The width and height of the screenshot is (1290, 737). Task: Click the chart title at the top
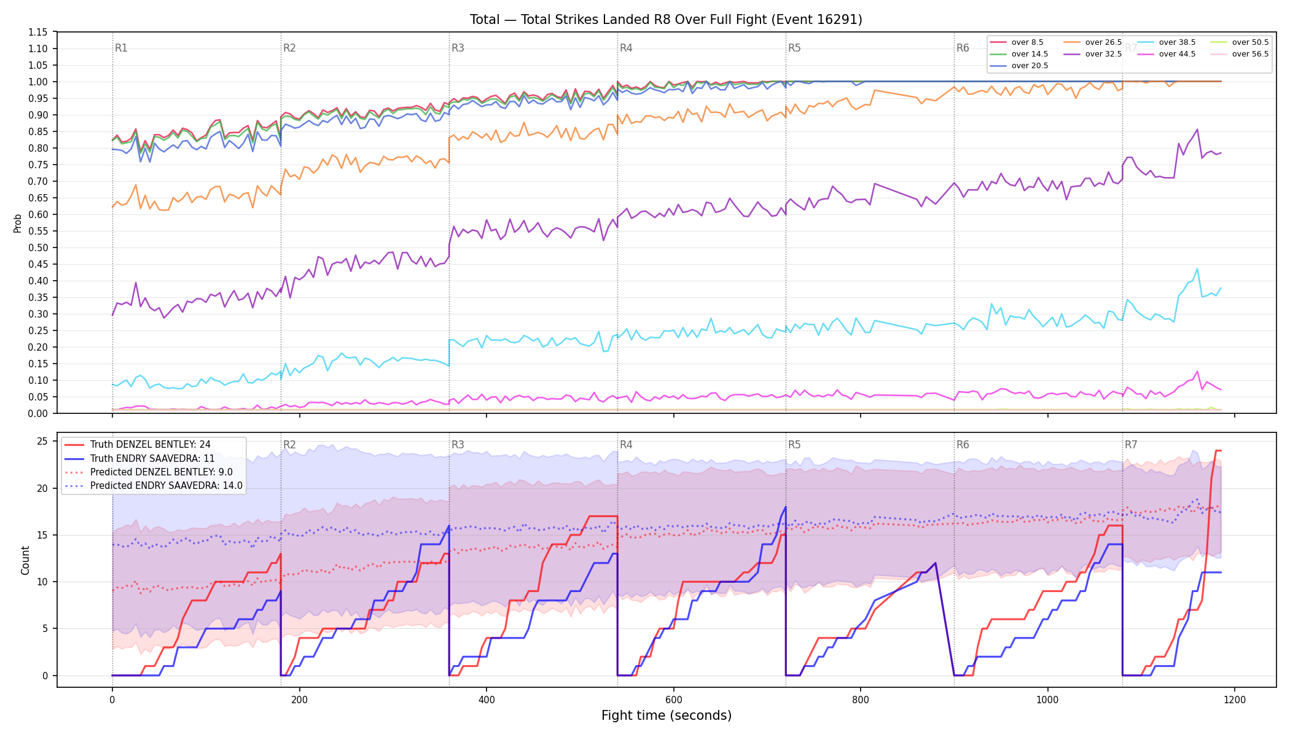point(666,20)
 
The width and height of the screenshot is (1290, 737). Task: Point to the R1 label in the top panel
point(121,48)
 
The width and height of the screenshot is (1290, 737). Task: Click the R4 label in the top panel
point(626,48)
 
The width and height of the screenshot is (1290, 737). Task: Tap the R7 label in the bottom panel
point(1131,445)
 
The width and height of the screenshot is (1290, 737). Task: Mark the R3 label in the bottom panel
point(458,445)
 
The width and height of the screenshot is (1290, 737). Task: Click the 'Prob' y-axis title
point(18,223)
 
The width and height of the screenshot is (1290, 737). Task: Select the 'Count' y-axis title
point(25,560)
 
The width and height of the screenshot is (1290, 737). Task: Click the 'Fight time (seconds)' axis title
point(666,716)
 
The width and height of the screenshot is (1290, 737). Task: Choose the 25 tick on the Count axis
point(42,441)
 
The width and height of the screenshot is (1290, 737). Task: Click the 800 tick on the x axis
point(861,700)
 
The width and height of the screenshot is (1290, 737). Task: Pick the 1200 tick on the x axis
point(1235,700)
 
